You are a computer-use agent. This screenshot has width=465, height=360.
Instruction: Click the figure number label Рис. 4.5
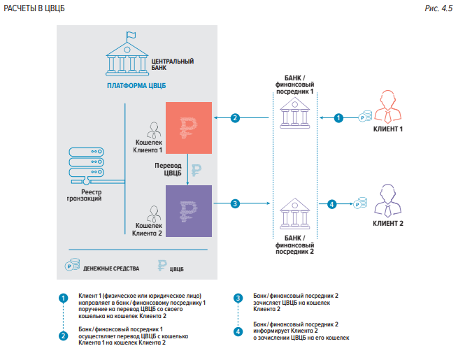[x=443, y=8]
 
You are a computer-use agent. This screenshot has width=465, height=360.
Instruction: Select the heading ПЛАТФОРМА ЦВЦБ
[x=136, y=86]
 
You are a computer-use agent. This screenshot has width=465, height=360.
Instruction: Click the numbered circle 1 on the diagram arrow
[x=339, y=118]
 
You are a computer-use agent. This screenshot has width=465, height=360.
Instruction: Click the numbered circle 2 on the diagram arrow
[x=236, y=118]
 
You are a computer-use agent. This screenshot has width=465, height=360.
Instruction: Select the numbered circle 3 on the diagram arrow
[x=236, y=204]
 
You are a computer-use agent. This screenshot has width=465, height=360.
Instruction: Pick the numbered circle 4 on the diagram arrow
[x=332, y=204]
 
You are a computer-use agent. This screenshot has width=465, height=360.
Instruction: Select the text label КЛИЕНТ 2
[x=388, y=224]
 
